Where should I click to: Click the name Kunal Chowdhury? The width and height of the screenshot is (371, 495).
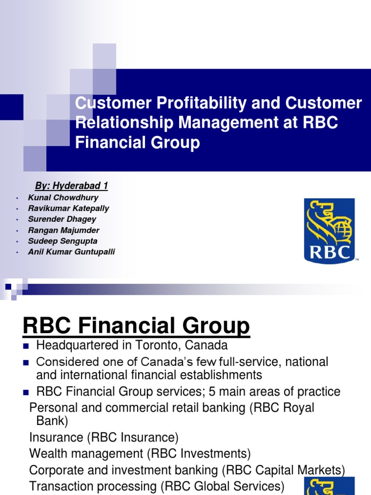point(63,198)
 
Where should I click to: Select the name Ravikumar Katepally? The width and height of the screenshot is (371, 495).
point(69,208)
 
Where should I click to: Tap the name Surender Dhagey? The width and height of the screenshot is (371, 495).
point(62,219)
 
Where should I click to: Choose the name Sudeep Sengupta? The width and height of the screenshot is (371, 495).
point(63,241)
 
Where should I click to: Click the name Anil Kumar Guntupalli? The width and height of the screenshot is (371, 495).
point(71,252)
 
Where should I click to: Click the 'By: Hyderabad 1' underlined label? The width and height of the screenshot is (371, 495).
point(71,186)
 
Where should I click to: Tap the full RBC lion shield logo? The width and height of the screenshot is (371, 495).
point(329,231)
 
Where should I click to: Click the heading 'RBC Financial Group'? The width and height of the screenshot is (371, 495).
point(136,326)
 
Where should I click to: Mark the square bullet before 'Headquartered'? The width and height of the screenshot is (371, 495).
point(27,346)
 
